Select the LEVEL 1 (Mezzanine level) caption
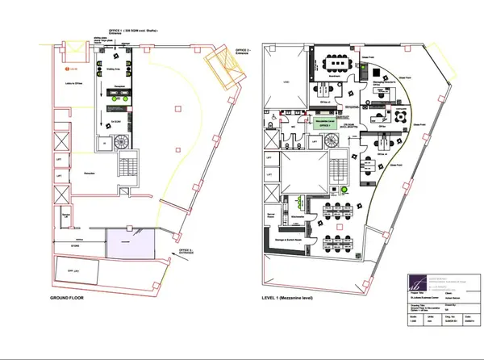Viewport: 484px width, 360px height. tap(298, 299)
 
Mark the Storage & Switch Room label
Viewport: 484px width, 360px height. tap(292, 239)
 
